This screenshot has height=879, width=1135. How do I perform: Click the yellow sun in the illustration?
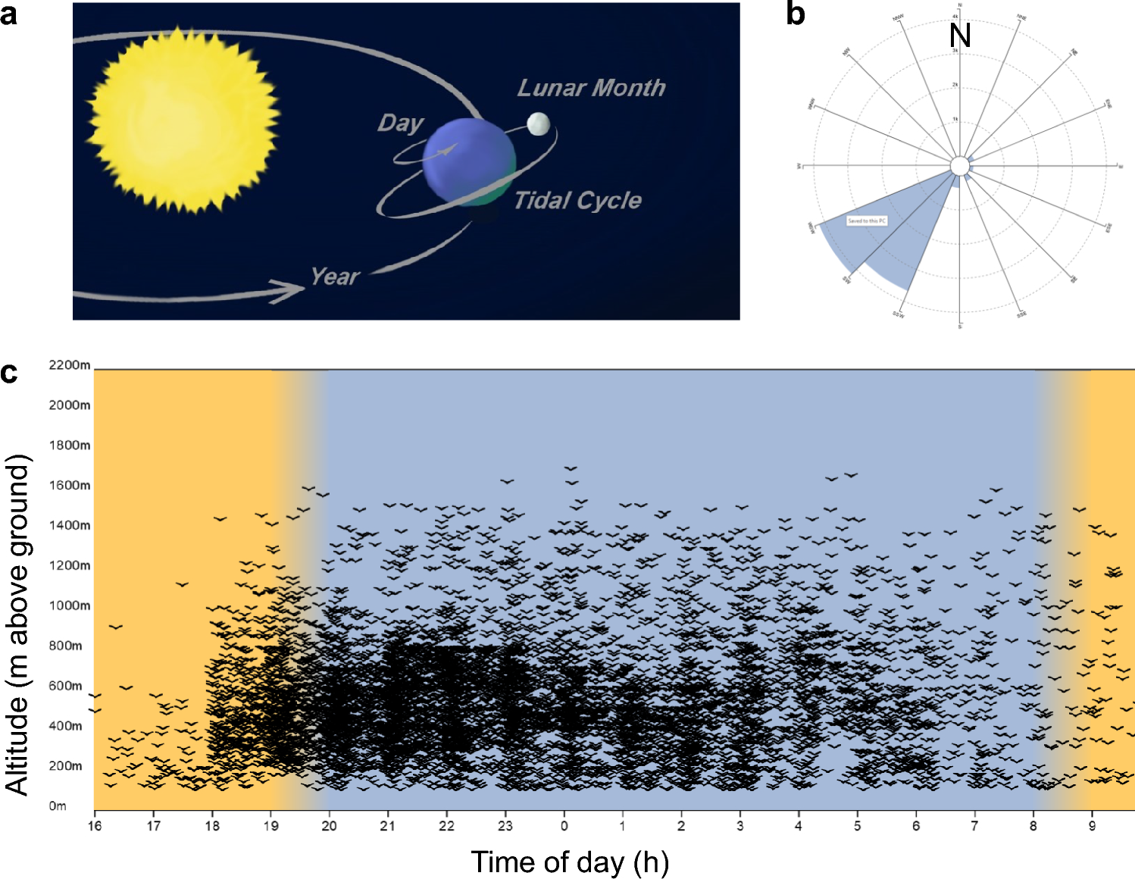(182, 120)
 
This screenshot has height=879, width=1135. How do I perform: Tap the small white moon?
(538, 124)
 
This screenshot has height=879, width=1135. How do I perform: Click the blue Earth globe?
(468, 161)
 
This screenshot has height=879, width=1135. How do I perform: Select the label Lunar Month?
(591, 88)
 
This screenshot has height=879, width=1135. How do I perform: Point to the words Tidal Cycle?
(577, 201)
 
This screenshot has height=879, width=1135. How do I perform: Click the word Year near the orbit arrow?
(334, 277)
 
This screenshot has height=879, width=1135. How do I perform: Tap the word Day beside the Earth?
(400, 123)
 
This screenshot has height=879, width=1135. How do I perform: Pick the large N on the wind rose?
(960, 36)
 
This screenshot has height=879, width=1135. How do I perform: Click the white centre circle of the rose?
(959, 166)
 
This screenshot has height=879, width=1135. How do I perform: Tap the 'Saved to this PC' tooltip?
(867, 221)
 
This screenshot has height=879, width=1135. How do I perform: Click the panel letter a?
(9, 14)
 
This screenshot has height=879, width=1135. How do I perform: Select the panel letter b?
(795, 14)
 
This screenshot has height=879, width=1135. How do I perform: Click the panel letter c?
(9, 372)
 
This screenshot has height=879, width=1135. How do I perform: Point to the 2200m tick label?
(70, 365)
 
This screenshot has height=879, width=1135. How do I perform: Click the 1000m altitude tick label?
(70, 605)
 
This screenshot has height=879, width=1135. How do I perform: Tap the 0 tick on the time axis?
(564, 825)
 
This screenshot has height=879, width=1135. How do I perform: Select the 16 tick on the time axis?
(95, 825)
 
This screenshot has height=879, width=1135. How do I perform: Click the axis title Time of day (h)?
(570, 862)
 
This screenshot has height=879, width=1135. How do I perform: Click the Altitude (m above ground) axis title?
(17, 624)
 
